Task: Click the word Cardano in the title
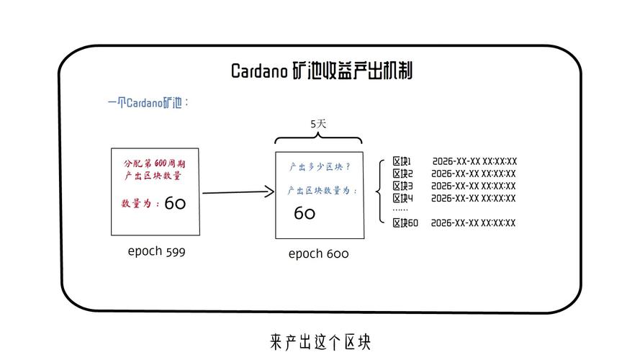coord(259,71)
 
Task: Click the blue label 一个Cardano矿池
coord(148,102)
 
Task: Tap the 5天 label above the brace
coord(318,124)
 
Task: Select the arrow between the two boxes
coord(238,192)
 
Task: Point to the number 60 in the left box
coord(175,204)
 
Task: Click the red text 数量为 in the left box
coord(140,204)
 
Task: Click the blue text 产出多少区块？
coord(320,167)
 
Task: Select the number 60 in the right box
coord(305,213)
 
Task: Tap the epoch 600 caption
coord(318,253)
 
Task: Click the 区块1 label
coord(402,161)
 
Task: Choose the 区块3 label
coord(402,186)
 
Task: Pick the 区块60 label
coord(405,223)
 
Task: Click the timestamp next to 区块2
coord(474,174)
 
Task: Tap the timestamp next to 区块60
coord(474,223)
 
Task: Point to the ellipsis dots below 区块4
coord(400,209)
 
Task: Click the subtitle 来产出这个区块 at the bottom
coord(320,341)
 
